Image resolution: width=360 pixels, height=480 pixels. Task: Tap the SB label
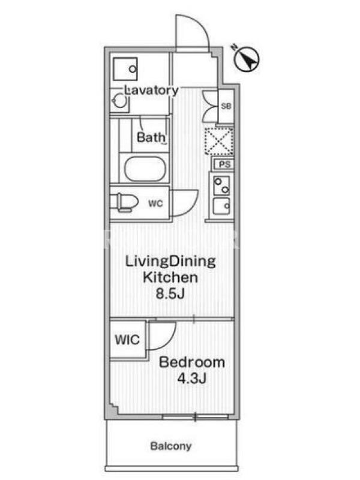click(226, 106)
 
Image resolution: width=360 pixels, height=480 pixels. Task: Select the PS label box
click(224, 164)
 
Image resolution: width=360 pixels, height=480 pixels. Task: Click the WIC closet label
click(127, 340)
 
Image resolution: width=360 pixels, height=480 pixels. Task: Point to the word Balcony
click(171, 446)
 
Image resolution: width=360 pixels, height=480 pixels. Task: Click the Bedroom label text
click(192, 362)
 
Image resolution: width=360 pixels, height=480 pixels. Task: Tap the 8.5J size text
click(170, 294)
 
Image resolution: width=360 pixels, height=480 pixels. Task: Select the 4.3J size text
click(192, 379)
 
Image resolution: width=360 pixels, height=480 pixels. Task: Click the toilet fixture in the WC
click(124, 202)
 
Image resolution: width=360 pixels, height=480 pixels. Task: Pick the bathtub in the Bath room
click(143, 169)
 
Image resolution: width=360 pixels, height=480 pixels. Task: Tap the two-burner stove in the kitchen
click(221, 185)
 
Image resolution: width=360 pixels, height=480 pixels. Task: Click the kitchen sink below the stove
click(221, 206)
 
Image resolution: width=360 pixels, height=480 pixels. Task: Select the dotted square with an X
click(218, 141)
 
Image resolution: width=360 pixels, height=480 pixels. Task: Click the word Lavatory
click(152, 91)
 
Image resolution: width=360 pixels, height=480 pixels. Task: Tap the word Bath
click(151, 137)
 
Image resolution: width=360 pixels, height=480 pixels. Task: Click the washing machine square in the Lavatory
click(125, 69)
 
